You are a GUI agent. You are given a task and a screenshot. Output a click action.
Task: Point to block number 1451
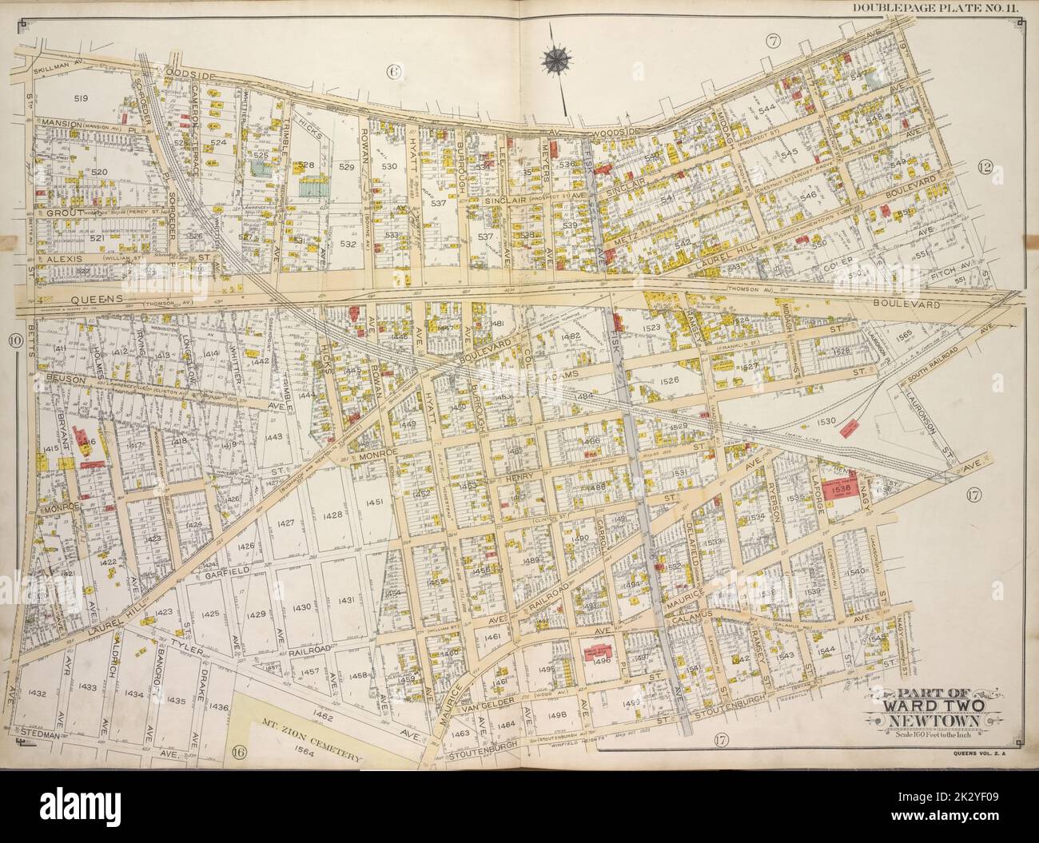point(374,502)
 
